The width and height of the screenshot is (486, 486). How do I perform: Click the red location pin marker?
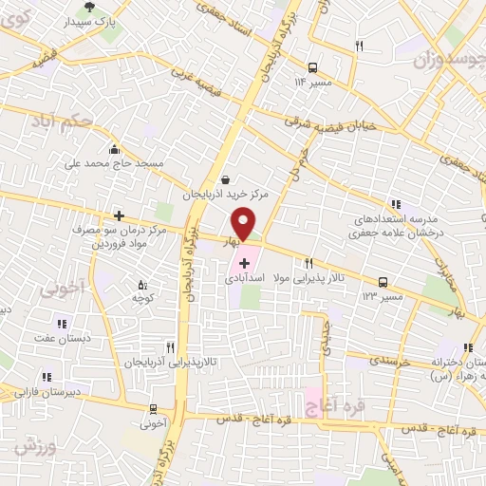pyautogui.click(x=244, y=225)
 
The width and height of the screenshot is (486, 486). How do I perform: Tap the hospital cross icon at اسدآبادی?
pyautogui.click(x=244, y=263)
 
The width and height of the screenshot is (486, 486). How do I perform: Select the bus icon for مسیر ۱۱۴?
pyautogui.click(x=313, y=68)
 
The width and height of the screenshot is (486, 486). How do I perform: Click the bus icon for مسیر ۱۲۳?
pyautogui.click(x=383, y=283)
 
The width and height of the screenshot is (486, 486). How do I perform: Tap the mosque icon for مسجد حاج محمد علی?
pyautogui.click(x=115, y=149)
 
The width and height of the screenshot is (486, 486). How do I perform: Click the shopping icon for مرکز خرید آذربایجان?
pyautogui.click(x=225, y=179)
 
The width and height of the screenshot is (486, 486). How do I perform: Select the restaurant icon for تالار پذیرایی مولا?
pyautogui.click(x=308, y=264)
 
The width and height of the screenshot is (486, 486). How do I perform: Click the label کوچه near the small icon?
pyautogui.click(x=143, y=297)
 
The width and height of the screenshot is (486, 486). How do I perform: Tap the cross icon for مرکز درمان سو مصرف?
pyautogui.click(x=119, y=216)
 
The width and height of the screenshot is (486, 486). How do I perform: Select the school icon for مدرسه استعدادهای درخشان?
pyautogui.click(x=397, y=204)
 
